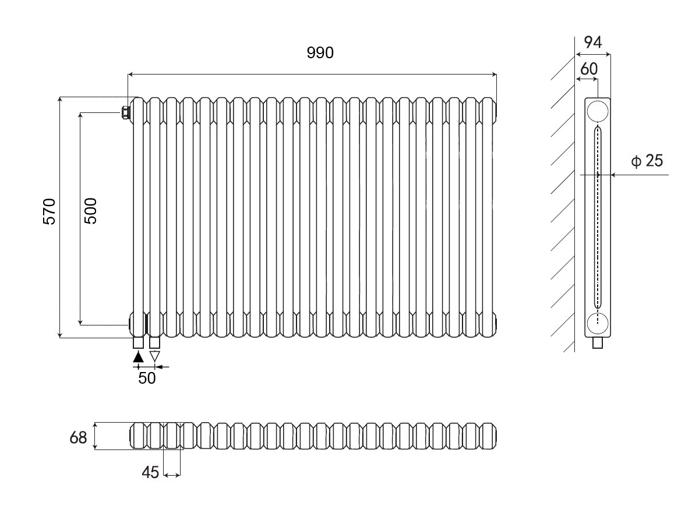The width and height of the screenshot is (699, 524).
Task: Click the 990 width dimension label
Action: (x=320, y=53)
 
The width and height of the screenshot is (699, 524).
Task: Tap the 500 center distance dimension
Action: (x=91, y=210)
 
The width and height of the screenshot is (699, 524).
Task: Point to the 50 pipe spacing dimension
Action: (x=147, y=378)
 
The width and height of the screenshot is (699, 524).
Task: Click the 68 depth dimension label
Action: (x=78, y=437)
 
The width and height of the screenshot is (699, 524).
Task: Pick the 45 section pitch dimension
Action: (x=150, y=473)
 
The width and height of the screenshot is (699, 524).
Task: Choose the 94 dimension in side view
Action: (x=592, y=41)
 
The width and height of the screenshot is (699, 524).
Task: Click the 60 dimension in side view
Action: (x=589, y=69)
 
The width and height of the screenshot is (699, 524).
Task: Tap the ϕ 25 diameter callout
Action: (x=647, y=161)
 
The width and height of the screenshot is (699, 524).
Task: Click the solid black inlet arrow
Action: (x=138, y=356)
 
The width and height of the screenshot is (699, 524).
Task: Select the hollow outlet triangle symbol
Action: (x=154, y=356)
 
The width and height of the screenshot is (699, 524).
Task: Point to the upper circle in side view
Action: (x=598, y=110)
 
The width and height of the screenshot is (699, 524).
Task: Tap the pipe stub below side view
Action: (x=598, y=343)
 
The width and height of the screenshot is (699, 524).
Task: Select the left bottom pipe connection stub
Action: (x=138, y=342)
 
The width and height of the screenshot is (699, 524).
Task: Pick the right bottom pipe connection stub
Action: (x=154, y=342)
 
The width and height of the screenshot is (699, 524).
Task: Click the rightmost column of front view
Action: (x=489, y=217)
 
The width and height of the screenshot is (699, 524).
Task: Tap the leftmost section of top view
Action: (x=138, y=436)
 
